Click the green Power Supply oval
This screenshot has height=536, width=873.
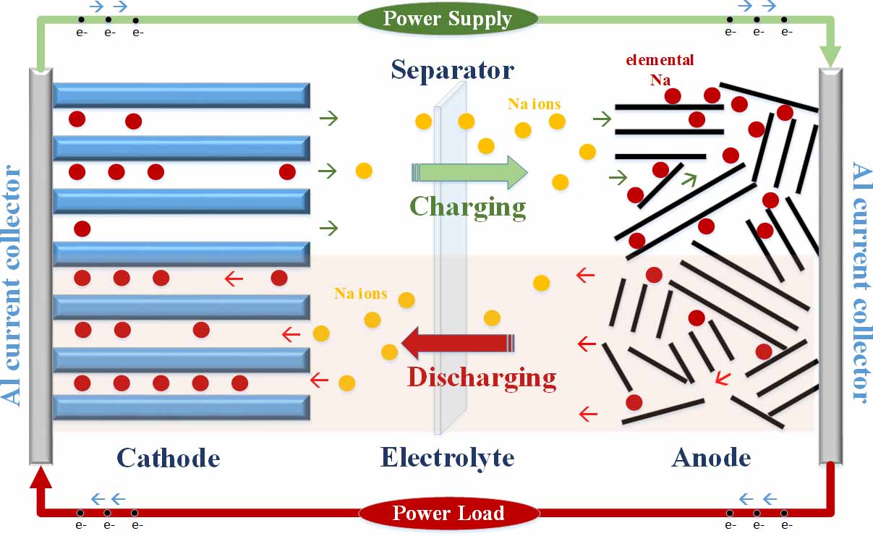click(448, 19)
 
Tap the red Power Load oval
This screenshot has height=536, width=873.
click(448, 514)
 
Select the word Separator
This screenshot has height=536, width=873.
click(452, 70)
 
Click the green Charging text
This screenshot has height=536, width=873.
click(468, 206)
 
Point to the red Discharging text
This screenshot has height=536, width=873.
click(482, 377)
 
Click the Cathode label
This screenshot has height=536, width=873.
click(168, 457)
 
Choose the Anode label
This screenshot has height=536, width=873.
click(711, 457)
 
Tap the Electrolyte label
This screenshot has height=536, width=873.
click(447, 457)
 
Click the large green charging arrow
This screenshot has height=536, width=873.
click(470, 172)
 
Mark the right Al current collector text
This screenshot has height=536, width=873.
click(860, 282)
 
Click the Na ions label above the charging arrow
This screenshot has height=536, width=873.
click(534, 104)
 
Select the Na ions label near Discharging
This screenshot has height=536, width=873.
click(360, 294)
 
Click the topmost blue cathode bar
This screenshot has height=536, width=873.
click(182, 95)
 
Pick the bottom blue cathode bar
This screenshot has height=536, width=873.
click(182, 407)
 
